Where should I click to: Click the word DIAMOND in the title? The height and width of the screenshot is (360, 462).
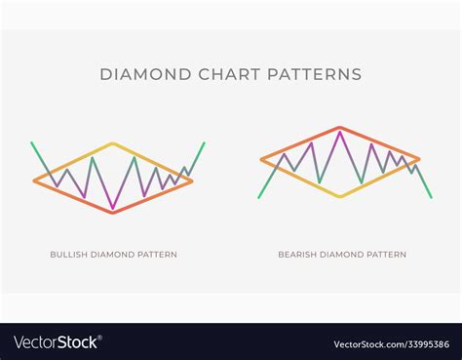(140, 74)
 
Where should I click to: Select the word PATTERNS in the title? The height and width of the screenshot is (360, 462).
(317, 74)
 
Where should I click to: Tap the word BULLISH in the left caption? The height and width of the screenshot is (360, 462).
(69, 255)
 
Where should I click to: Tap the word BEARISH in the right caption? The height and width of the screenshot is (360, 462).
(297, 255)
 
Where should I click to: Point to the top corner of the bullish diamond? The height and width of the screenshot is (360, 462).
(114, 144)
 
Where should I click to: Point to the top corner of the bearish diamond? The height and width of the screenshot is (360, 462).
(339, 128)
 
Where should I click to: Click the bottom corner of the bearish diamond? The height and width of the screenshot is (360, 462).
(339, 196)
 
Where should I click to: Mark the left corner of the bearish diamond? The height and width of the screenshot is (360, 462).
(261, 160)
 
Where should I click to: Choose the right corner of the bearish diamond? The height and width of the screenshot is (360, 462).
(419, 160)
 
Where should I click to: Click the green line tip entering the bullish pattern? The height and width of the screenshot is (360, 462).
(31, 143)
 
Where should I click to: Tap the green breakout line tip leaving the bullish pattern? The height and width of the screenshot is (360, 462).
(205, 143)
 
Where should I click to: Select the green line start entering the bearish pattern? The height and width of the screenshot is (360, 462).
(259, 197)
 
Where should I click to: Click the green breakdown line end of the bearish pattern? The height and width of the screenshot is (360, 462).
(431, 198)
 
